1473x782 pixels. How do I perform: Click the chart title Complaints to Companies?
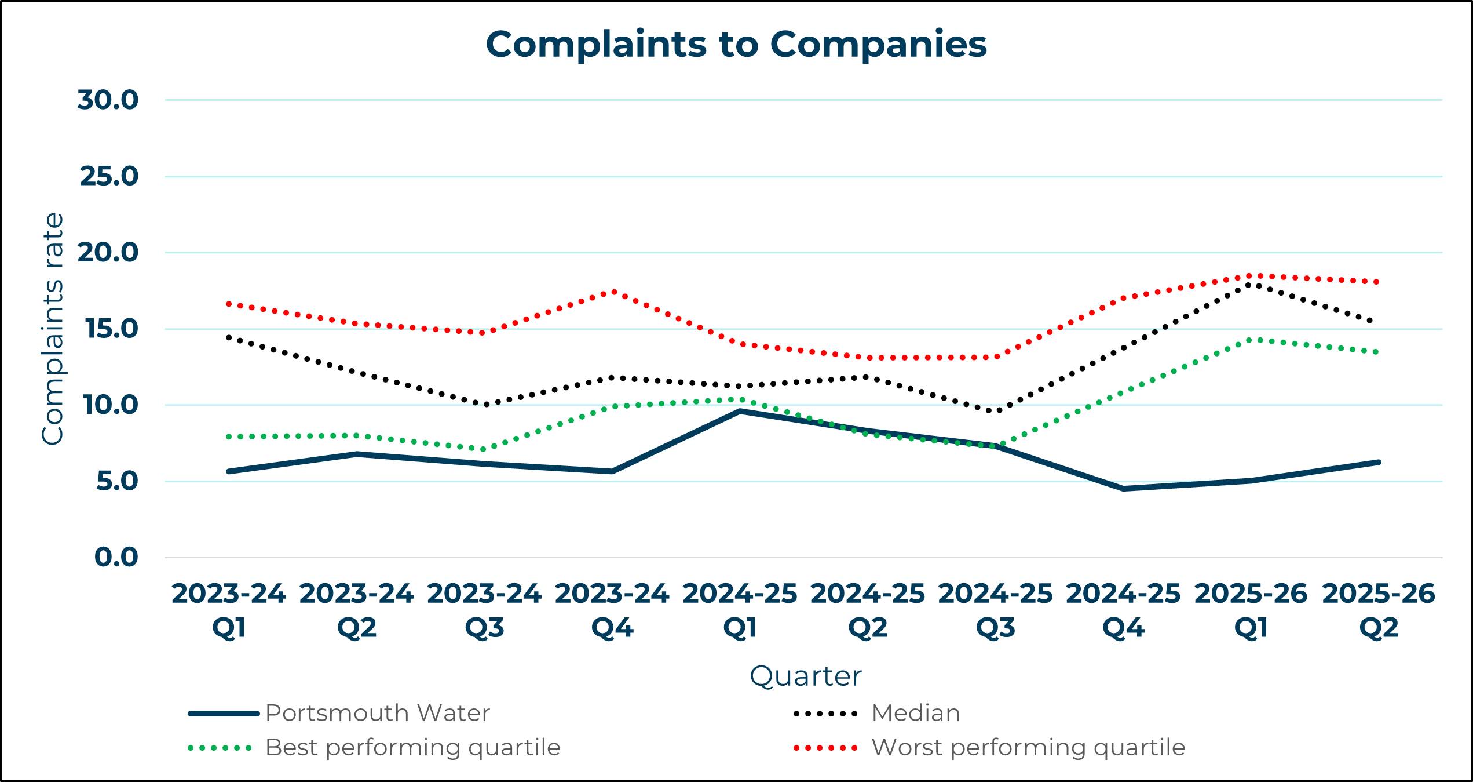736,44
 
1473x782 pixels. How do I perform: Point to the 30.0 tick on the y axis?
108,100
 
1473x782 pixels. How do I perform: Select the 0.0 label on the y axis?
116,557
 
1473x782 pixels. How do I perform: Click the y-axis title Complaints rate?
53,329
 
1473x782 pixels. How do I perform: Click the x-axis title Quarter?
805,676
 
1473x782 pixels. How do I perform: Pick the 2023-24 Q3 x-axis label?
484,610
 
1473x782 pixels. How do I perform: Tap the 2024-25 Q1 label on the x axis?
740,610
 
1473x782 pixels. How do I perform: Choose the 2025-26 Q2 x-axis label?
1378,610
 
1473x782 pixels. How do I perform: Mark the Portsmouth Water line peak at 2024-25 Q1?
740,411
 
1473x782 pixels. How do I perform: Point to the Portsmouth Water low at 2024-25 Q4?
1123,489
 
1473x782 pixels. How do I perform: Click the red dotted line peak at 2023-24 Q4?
613,292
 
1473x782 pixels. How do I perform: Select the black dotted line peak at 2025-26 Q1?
1251,284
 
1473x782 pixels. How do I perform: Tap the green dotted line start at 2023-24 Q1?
229,437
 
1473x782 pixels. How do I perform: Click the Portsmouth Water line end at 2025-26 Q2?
1379,463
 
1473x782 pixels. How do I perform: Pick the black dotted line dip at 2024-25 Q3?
996,410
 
